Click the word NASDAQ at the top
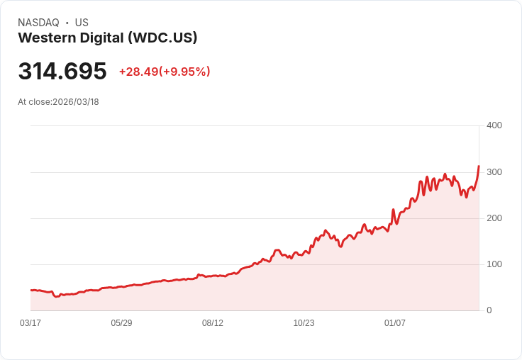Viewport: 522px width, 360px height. pyautogui.click(x=38, y=23)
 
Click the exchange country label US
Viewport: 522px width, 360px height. pyautogui.click(x=82, y=23)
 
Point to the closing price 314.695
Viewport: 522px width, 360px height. pyautogui.click(x=62, y=71)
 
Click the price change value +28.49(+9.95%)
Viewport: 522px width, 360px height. pyautogui.click(x=165, y=72)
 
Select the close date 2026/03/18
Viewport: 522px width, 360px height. pyautogui.click(x=76, y=102)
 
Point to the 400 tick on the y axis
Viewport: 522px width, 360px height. pyautogui.click(x=494, y=125)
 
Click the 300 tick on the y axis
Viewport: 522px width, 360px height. pyautogui.click(x=494, y=172)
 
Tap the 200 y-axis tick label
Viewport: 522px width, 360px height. pyautogui.click(x=494, y=218)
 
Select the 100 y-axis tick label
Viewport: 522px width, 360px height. pyautogui.click(x=494, y=264)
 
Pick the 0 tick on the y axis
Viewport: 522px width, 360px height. pyautogui.click(x=489, y=310)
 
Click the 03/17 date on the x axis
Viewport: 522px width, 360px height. pyautogui.click(x=30, y=323)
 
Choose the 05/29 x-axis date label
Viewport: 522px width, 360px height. pyautogui.click(x=121, y=323)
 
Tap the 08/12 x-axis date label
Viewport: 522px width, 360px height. pyautogui.click(x=213, y=323)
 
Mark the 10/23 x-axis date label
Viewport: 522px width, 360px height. pyautogui.click(x=304, y=323)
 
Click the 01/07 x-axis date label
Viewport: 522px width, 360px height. pyautogui.click(x=395, y=323)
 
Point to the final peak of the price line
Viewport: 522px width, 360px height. pyautogui.click(x=479, y=167)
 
